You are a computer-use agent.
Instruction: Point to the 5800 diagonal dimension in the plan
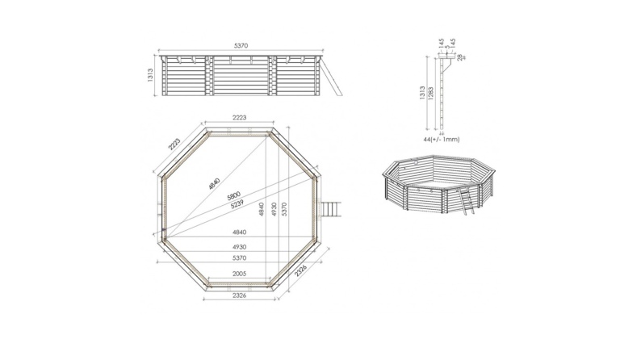tap(234, 196)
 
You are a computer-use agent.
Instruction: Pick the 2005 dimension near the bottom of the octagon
tap(239, 274)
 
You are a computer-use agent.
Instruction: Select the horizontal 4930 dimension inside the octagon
tap(239, 245)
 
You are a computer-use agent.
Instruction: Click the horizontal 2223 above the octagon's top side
tap(239, 118)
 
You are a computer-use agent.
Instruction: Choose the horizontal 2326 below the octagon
tap(239, 296)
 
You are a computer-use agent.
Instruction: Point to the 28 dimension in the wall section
tap(459, 58)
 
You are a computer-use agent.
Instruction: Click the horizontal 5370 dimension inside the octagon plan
tap(239, 257)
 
